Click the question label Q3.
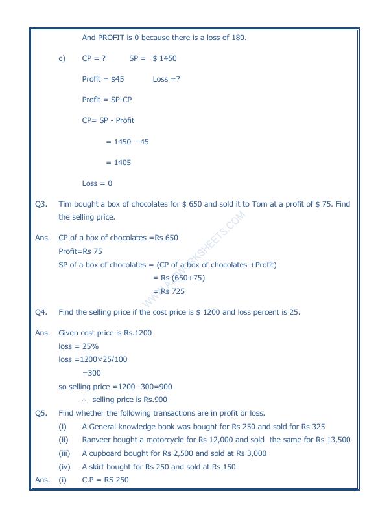(x=41, y=204)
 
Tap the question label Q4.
(x=41, y=312)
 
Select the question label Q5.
(x=41, y=413)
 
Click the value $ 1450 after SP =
(x=165, y=58)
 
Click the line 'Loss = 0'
(x=97, y=183)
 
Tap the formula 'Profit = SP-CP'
(x=107, y=100)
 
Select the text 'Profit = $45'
(x=103, y=79)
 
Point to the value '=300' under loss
(x=91, y=373)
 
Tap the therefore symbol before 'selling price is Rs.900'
(x=84, y=400)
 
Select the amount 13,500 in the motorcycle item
(x=336, y=440)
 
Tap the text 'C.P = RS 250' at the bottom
(x=106, y=480)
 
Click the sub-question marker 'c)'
(x=62, y=58)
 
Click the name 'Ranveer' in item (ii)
(x=99, y=440)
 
